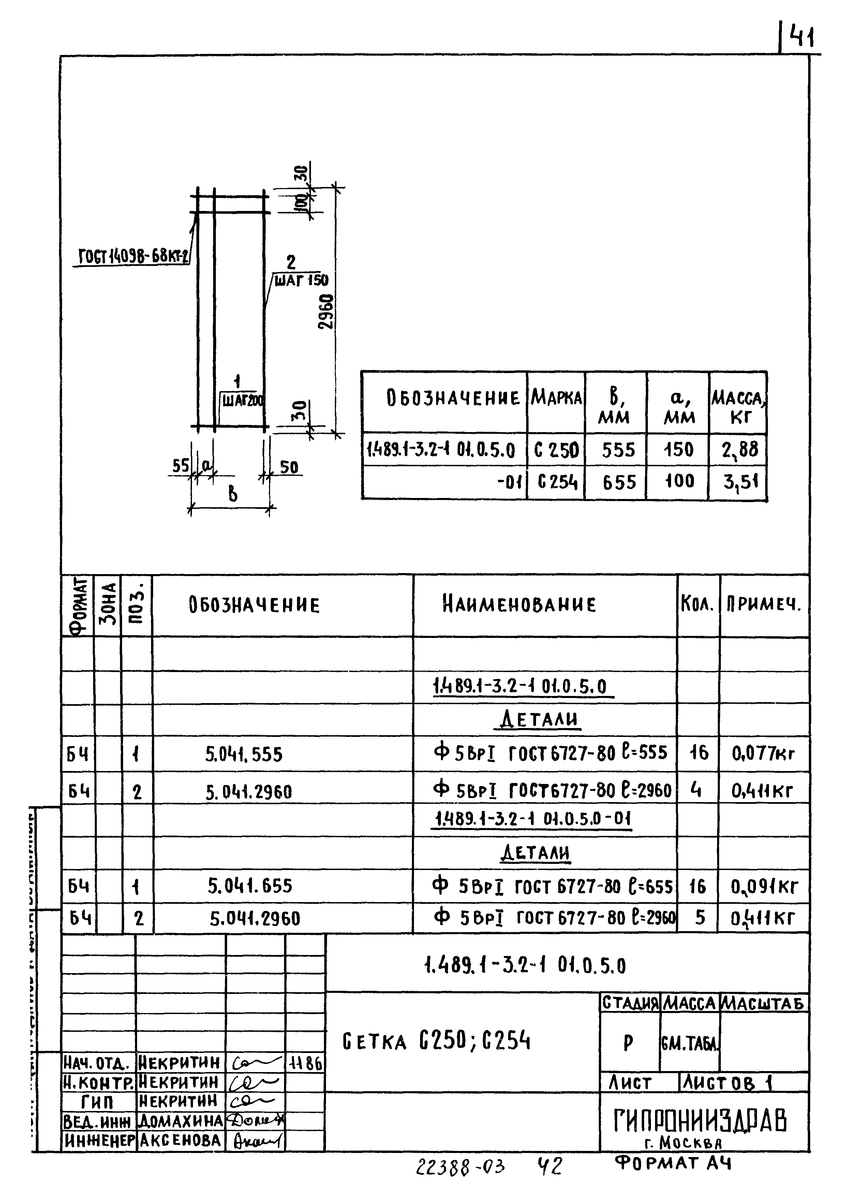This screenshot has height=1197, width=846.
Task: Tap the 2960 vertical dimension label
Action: (x=327, y=311)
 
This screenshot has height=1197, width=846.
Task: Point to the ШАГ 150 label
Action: (x=301, y=281)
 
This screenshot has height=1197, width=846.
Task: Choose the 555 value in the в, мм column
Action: (x=618, y=450)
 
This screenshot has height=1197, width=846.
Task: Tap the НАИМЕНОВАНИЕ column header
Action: (x=519, y=605)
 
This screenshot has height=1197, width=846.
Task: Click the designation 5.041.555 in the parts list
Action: (x=244, y=754)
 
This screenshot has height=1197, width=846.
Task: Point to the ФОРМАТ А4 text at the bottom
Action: (x=673, y=1163)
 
